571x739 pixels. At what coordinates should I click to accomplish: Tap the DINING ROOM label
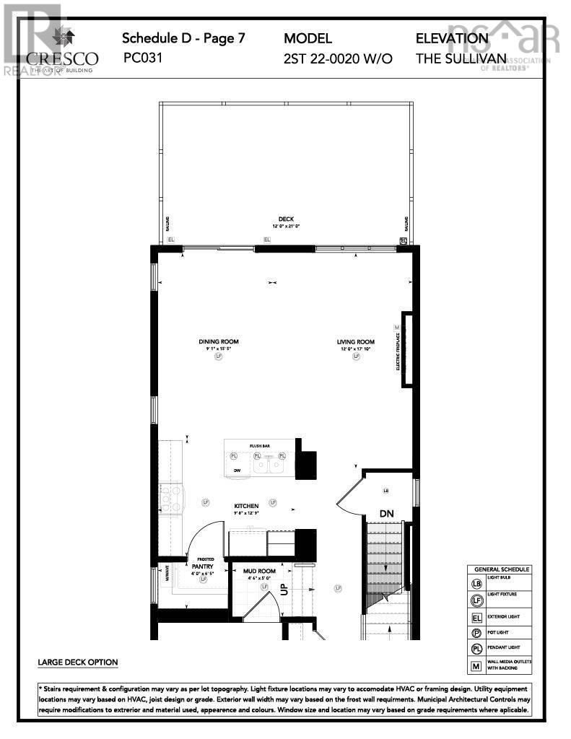coord(219,342)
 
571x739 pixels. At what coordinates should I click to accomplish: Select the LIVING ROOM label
coord(355,342)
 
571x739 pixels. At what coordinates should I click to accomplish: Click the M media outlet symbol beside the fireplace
coord(396,327)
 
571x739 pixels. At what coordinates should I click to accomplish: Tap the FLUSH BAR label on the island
coord(260,447)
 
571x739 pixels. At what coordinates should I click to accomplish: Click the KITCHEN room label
coord(246,506)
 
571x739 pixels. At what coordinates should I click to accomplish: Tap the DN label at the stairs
coord(387,513)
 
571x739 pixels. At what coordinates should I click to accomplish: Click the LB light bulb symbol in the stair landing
coord(386,491)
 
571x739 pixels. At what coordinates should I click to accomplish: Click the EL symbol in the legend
coord(476,618)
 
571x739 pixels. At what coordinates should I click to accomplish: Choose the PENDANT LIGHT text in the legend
coord(502,647)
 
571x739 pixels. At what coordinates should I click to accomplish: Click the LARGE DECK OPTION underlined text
coord(77,662)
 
